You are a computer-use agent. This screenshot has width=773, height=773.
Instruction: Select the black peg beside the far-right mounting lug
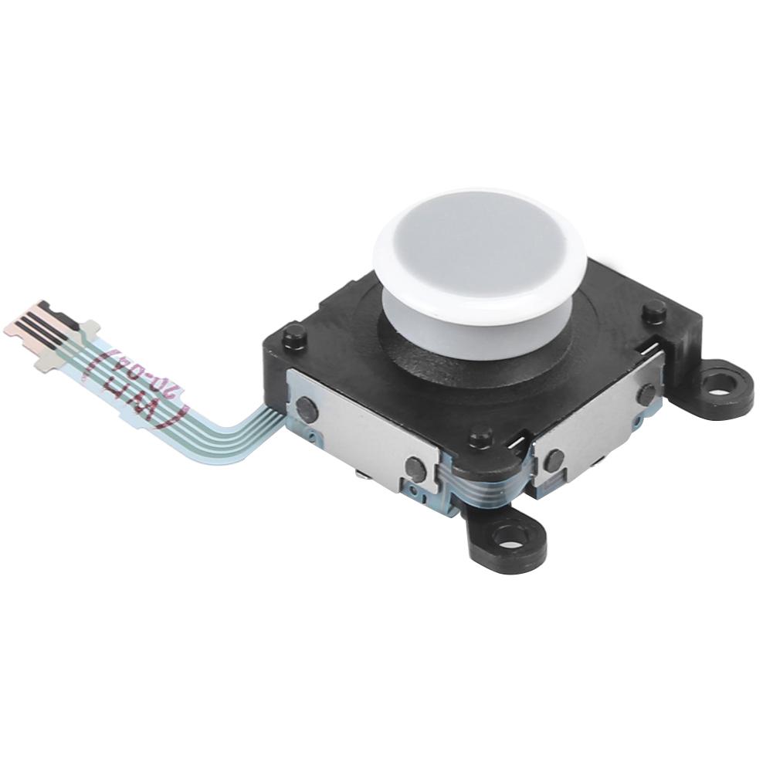[655, 310]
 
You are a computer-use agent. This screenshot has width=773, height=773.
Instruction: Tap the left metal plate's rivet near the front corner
[415, 466]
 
